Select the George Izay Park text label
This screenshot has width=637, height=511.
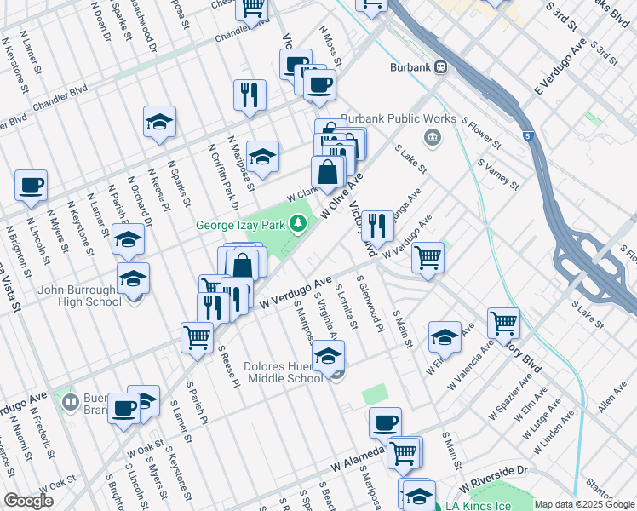(x=241, y=226)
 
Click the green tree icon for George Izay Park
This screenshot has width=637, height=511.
(x=297, y=225)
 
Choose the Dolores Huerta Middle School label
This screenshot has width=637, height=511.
(x=281, y=372)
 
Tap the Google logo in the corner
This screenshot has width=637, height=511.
(x=28, y=501)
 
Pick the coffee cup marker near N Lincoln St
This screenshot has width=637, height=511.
(x=31, y=186)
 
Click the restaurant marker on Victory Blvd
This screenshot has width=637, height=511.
(x=377, y=227)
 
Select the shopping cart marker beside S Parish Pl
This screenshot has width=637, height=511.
(x=197, y=337)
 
